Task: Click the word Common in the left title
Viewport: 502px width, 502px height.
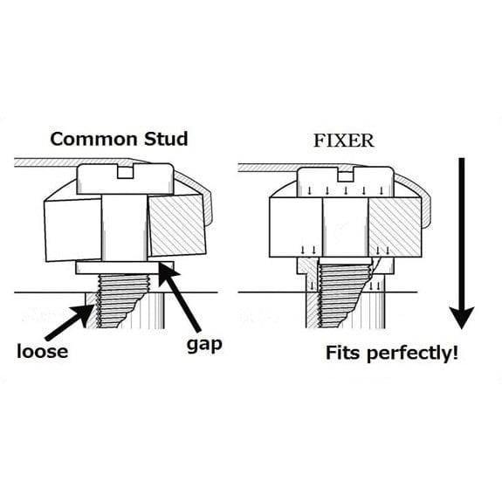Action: tap(94, 140)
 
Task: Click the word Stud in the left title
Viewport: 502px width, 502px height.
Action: tap(166, 140)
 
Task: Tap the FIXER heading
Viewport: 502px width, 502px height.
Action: tap(344, 141)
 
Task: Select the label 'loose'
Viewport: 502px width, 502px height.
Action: tap(42, 351)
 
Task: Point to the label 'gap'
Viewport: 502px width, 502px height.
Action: tap(204, 345)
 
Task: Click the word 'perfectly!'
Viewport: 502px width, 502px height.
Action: tap(412, 353)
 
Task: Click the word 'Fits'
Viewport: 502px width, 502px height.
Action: tap(343, 353)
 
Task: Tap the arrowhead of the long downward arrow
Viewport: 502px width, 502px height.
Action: tap(461, 317)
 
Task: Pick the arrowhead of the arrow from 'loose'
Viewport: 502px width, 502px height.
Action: tap(84, 313)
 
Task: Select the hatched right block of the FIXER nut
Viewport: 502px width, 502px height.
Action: tap(395, 227)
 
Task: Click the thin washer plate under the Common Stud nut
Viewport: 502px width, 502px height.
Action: tap(125, 268)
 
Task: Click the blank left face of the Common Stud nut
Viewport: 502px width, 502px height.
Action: tap(73, 230)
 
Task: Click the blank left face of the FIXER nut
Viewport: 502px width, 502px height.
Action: tap(296, 227)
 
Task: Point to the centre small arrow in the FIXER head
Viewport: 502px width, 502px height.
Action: tap(346, 191)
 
